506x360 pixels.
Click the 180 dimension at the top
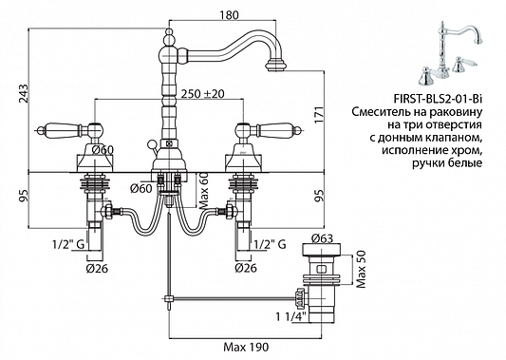point(229,15)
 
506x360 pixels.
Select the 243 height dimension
point(23,94)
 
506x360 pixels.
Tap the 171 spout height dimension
point(319,114)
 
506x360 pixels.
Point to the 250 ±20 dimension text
point(202,94)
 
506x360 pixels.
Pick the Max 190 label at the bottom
point(246,347)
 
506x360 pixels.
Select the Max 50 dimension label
point(362,269)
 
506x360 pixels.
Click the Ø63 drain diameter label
point(322,238)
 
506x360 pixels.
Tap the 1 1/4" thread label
point(290,316)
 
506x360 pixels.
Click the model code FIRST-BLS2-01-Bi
point(439,99)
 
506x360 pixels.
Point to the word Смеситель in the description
point(380,112)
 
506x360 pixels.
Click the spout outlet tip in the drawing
point(276,66)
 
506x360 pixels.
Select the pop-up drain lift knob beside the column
point(151,144)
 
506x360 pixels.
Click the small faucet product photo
point(450,53)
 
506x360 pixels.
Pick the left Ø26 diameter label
point(97,268)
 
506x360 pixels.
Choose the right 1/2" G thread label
point(271,244)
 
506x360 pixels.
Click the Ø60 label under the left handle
point(102,150)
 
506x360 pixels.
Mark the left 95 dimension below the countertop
point(23,196)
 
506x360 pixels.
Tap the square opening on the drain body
point(322,269)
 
